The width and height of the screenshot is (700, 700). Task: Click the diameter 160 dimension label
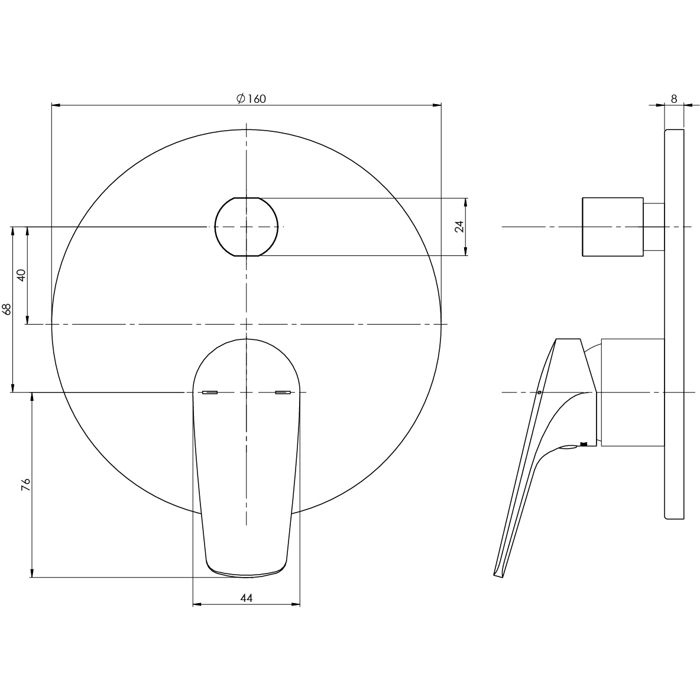click(x=251, y=99)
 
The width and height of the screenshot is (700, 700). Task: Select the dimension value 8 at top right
click(x=674, y=99)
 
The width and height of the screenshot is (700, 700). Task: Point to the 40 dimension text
click(x=21, y=275)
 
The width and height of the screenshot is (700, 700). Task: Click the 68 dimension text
click(x=7, y=309)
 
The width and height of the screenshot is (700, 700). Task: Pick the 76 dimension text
click(x=25, y=485)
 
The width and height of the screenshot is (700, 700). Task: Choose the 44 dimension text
click(x=247, y=598)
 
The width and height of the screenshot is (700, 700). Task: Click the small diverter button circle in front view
click(x=246, y=226)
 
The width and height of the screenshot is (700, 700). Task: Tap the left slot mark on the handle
click(x=210, y=392)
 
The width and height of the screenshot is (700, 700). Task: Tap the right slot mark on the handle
click(x=283, y=392)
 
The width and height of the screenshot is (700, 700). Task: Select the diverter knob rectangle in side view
click(x=612, y=226)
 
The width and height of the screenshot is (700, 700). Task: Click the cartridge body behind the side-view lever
click(x=632, y=392)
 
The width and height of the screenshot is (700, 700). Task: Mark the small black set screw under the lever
click(x=584, y=444)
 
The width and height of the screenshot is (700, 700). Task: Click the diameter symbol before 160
click(x=241, y=99)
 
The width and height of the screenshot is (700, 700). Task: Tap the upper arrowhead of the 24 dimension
click(x=466, y=202)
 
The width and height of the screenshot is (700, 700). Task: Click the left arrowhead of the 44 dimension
click(x=197, y=604)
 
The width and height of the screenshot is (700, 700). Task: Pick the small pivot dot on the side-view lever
click(x=539, y=393)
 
